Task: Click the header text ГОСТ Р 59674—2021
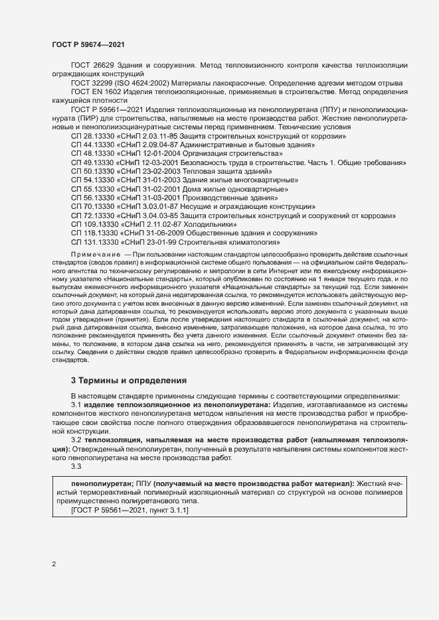click(x=88, y=44)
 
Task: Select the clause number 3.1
click(x=76, y=404)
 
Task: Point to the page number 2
click(x=54, y=564)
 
